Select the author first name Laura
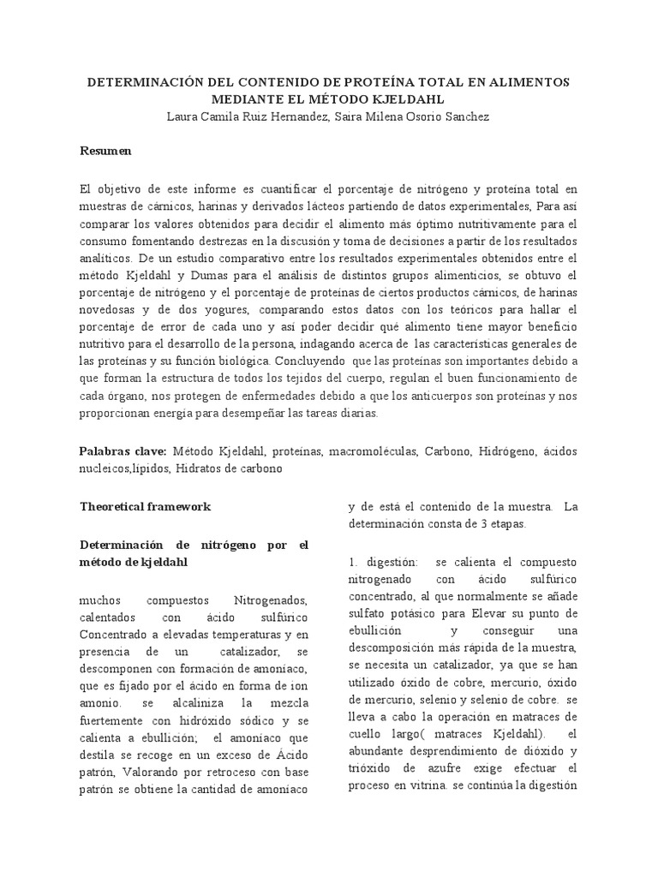[x=184, y=116]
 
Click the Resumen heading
[x=105, y=151]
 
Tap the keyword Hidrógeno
[x=509, y=450]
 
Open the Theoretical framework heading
[x=145, y=506]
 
